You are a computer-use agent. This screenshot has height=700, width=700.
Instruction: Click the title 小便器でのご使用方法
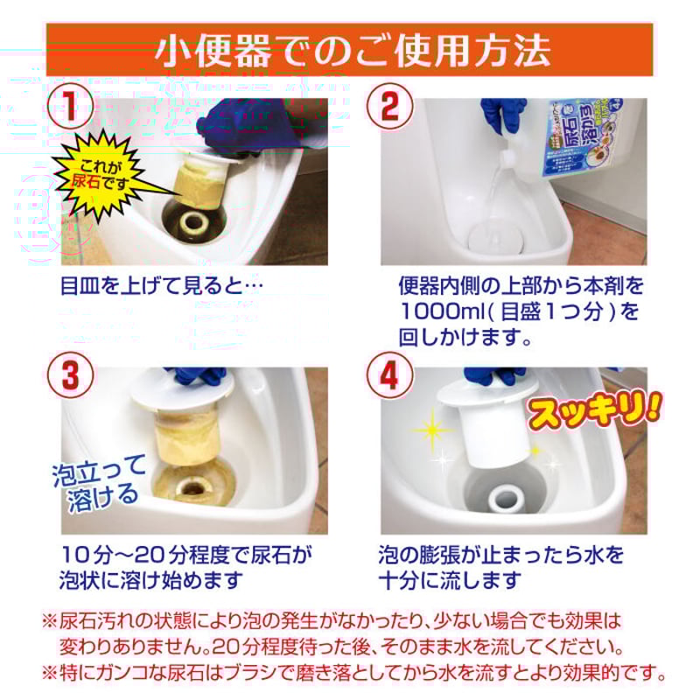pyautogui.click(x=350, y=50)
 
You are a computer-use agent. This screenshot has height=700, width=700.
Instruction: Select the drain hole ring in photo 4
pyautogui.click(x=507, y=498)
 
